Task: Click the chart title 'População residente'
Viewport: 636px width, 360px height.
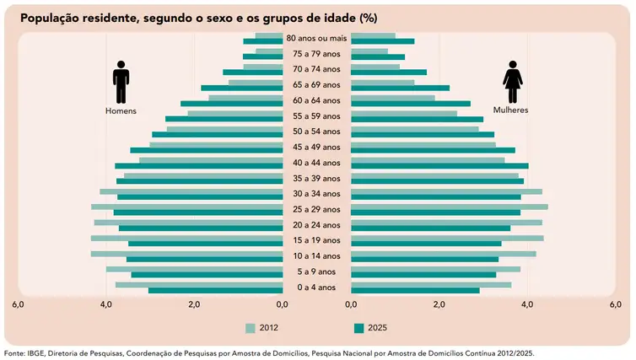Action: click(x=93, y=18)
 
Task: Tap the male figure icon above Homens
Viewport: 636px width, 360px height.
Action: click(x=121, y=83)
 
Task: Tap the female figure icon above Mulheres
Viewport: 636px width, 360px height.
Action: click(x=511, y=83)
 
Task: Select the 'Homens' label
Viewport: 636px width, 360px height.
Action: click(x=121, y=110)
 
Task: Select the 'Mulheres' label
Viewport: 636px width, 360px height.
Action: click(x=511, y=110)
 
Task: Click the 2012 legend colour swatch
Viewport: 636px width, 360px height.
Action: click(x=249, y=328)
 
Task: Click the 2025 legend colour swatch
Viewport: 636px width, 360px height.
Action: click(x=359, y=328)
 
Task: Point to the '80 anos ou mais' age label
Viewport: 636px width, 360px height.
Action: click(x=316, y=38)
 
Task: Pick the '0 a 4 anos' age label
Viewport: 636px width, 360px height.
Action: click(x=316, y=287)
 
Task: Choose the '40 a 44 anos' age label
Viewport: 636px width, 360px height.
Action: click(x=316, y=163)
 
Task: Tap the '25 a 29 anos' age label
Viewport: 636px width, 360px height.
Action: click(x=316, y=209)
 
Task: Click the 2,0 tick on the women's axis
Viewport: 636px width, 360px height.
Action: click(x=439, y=304)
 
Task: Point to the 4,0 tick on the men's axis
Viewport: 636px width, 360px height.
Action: click(x=106, y=304)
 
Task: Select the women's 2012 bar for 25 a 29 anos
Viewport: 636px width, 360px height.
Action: click(x=449, y=207)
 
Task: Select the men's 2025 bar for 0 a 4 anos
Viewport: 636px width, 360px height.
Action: click(x=215, y=291)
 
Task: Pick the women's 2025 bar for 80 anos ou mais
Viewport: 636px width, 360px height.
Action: click(x=382, y=41)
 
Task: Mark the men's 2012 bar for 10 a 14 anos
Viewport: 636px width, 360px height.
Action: click(x=186, y=253)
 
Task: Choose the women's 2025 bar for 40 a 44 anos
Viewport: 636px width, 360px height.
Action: click(x=439, y=166)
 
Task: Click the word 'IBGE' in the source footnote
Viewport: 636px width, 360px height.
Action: click(x=35, y=352)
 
